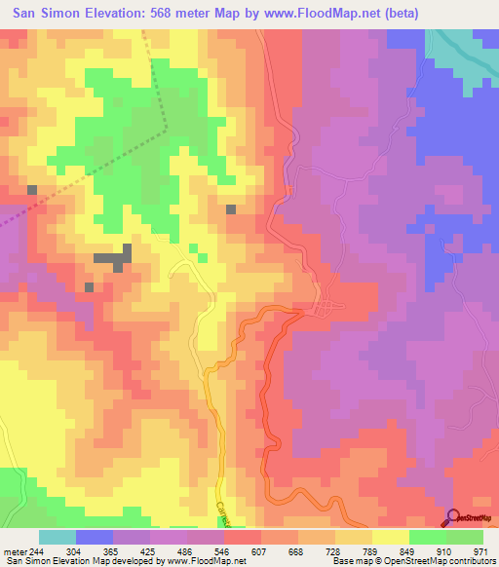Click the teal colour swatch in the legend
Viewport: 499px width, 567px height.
coord(58,537)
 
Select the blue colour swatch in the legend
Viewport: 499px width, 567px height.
coord(95,537)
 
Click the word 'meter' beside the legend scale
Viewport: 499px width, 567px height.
coord(15,550)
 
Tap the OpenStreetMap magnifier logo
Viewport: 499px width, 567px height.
coord(453,517)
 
